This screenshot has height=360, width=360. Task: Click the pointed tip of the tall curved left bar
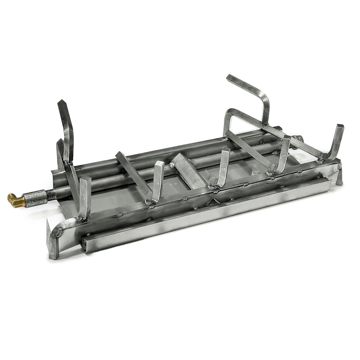60,103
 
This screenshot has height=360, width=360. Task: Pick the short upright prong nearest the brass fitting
84,197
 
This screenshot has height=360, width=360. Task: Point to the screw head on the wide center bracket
172,165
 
